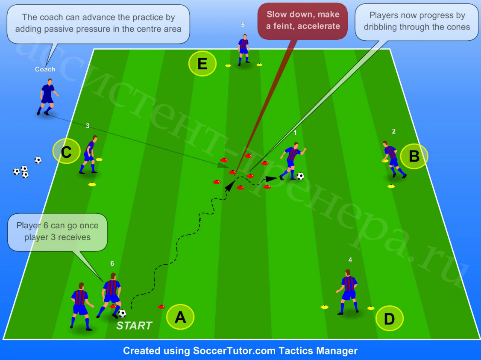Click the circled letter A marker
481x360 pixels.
click(x=180, y=317)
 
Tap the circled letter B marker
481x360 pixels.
click(x=414, y=156)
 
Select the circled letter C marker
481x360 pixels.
click(x=66, y=151)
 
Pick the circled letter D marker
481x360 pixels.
click(x=389, y=319)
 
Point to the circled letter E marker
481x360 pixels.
click(x=202, y=64)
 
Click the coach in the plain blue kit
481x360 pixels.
click(x=47, y=97)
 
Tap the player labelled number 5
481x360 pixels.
click(x=243, y=50)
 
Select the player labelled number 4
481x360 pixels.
click(x=347, y=292)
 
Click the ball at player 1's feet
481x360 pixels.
click(x=300, y=176)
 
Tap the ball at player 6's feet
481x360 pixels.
click(x=122, y=314)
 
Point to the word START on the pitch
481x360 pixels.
click(x=135, y=326)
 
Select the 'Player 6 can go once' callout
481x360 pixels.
click(x=57, y=232)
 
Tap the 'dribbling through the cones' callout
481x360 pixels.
click(x=416, y=22)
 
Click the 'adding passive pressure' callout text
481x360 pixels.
click(x=98, y=24)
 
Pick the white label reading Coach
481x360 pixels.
click(x=45, y=69)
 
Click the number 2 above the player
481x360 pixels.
click(x=393, y=131)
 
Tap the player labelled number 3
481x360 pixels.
click(x=89, y=154)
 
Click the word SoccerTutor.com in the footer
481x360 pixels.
click(x=235, y=351)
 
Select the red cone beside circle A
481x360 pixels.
click(x=161, y=307)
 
